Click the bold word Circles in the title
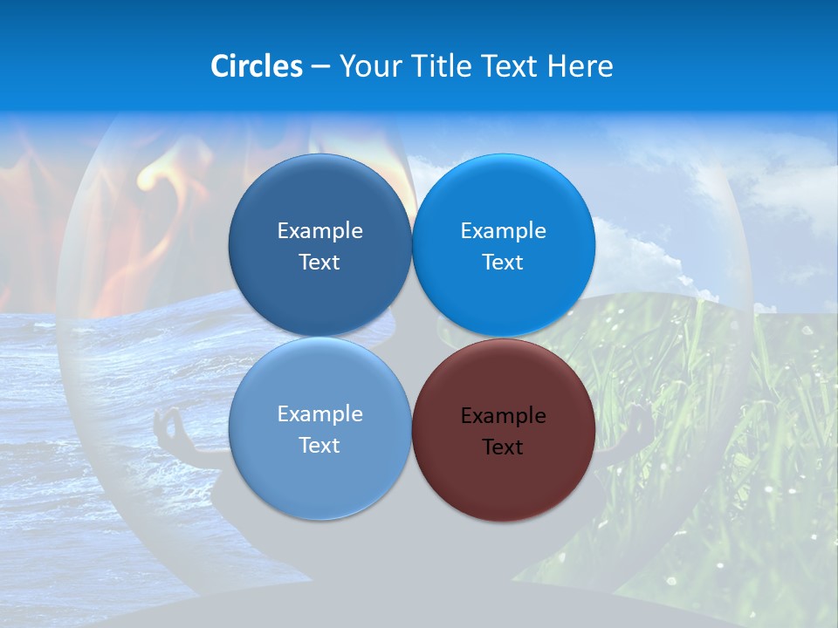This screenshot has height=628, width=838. [257, 66]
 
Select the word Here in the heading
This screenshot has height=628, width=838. [580, 66]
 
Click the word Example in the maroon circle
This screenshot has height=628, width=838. [504, 416]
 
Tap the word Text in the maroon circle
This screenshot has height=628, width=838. [503, 447]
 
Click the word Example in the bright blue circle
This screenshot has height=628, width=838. [504, 231]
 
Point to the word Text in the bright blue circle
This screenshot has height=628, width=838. [503, 263]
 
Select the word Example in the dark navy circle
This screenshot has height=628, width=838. [319, 231]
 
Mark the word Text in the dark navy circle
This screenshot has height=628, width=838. [319, 263]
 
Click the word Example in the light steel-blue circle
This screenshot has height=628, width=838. [319, 414]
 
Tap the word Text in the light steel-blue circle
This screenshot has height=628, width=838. [319, 446]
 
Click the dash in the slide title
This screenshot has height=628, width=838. [320, 67]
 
